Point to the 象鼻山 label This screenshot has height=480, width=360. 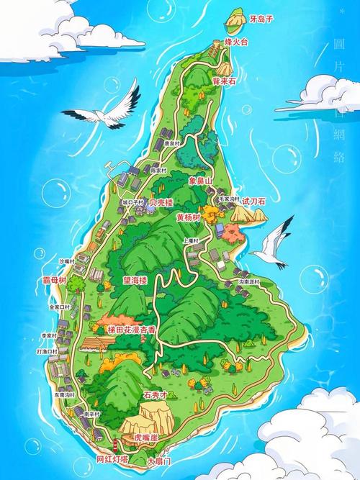tap(200, 182)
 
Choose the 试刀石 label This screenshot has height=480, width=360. tap(253, 201)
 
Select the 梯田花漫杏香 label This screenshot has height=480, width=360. tap(135, 329)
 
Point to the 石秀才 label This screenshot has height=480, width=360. tap(156, 395)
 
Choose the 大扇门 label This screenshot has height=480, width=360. tap(160, 461)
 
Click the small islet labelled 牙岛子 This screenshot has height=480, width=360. tap(234, 27)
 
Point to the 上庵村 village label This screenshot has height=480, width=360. tap(190, 241)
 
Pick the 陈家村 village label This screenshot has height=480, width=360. tap(158, 170)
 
